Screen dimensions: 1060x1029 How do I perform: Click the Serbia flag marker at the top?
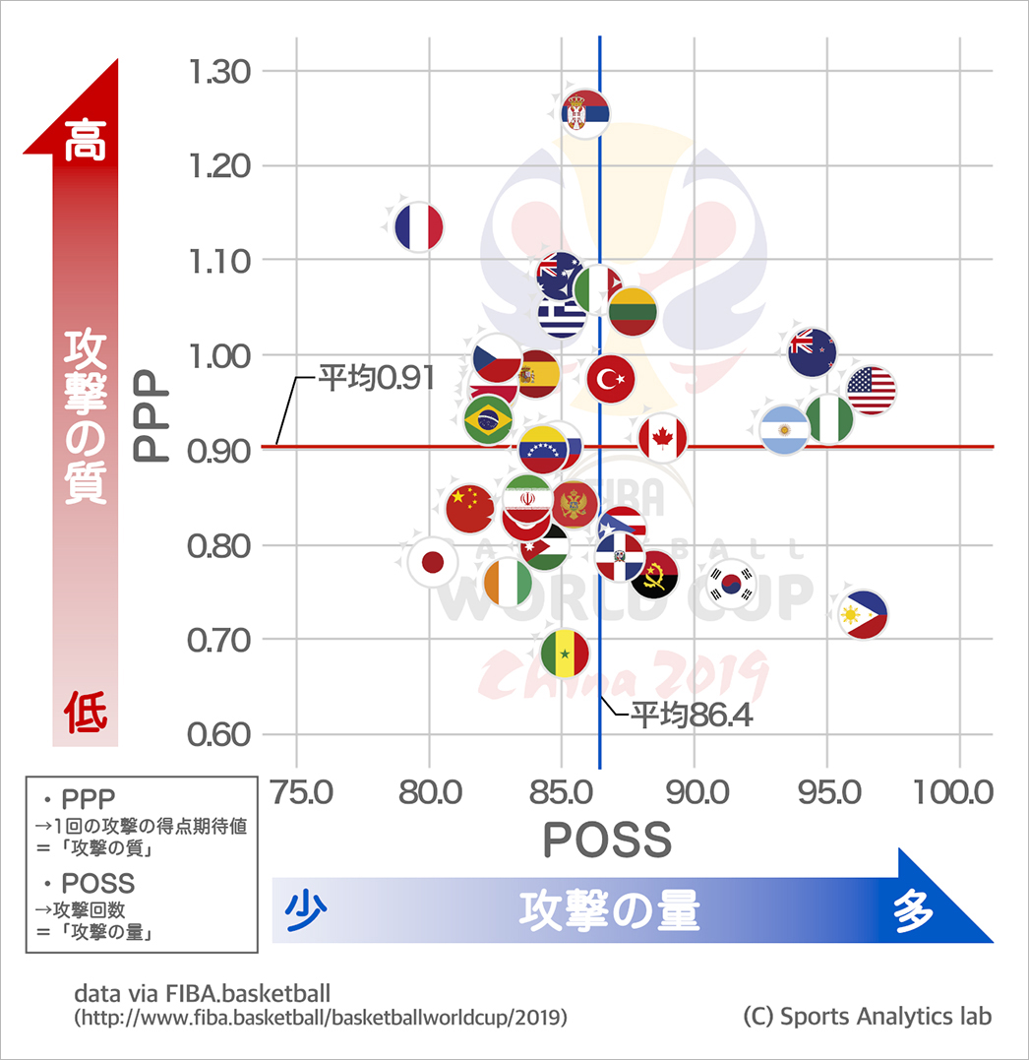tap(585, 114)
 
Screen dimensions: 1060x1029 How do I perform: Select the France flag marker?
tap(419, 227)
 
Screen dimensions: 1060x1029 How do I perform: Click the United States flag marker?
tap(871, 390)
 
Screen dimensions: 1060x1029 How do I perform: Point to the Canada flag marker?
tap(662, 438)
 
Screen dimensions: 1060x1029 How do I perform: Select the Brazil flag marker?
tap(488, 421)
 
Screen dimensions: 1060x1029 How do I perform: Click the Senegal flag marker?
tap(565, 654)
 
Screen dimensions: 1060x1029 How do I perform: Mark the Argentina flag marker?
tap(784, 430)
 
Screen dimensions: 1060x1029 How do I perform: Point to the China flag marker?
tap(469, 508)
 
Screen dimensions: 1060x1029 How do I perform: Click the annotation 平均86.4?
tap(692, 715)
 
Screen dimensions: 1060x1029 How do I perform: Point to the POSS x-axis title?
tap(607, 841)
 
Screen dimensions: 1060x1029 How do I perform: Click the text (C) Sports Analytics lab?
tap(867, 1016)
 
